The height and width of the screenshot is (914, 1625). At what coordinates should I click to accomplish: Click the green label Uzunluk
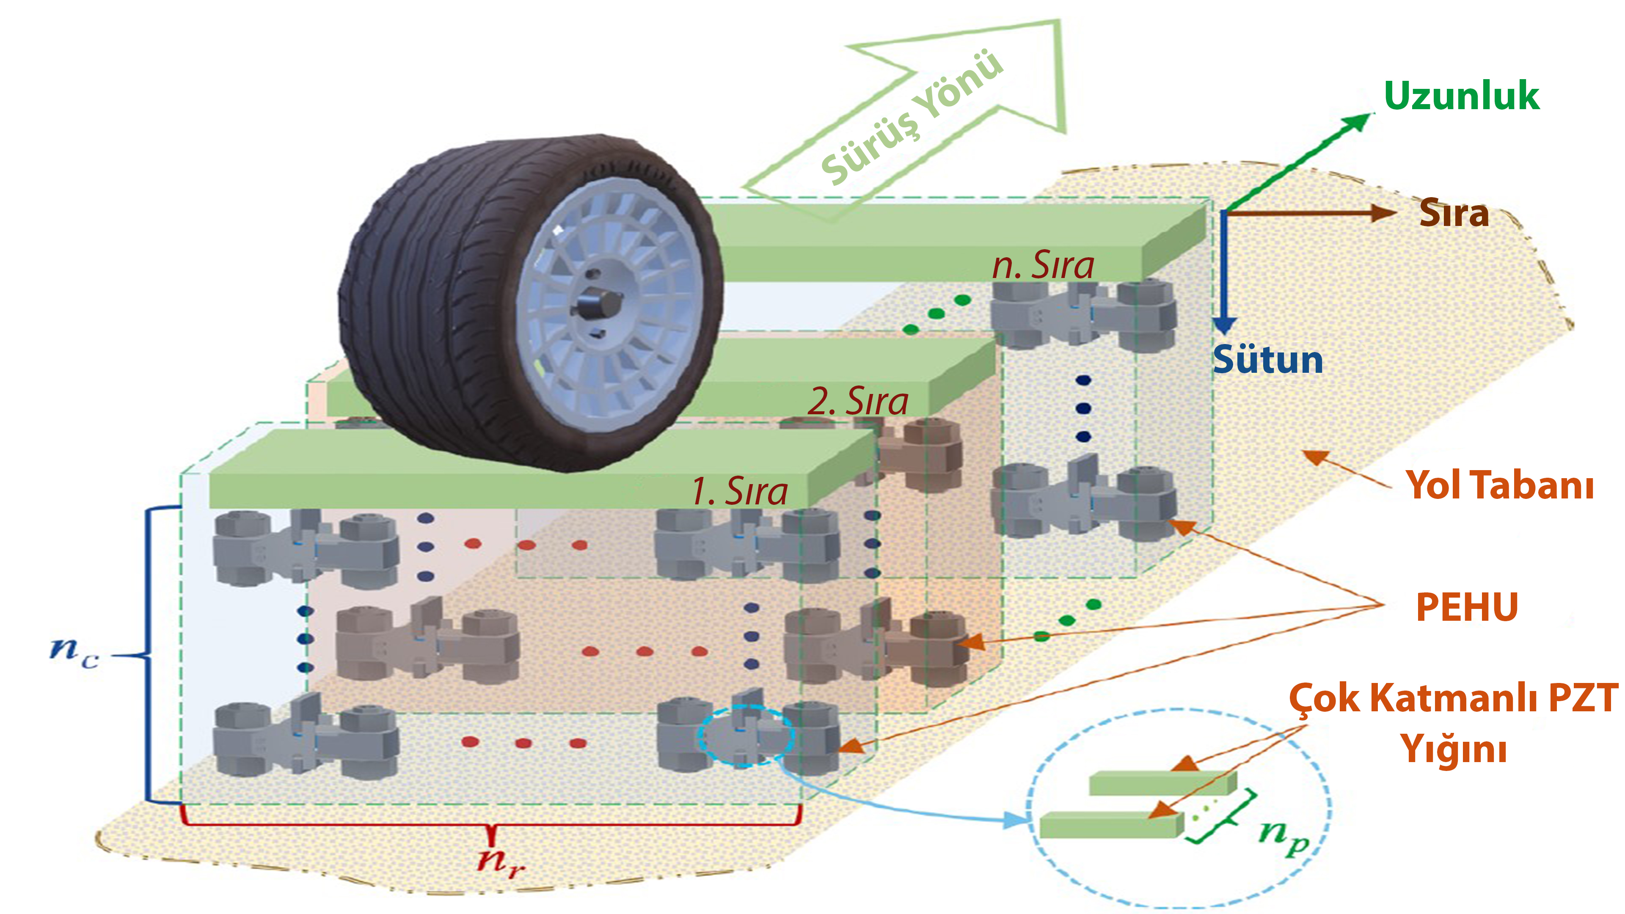1461,96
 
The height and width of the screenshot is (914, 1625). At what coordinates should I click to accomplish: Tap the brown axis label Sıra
1454,213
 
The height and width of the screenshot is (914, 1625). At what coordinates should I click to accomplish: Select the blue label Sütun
1268,360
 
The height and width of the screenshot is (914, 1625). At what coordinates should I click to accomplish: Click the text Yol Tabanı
1499,485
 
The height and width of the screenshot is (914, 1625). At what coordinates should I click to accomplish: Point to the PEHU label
1467,607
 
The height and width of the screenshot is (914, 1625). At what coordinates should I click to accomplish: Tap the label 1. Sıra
739,491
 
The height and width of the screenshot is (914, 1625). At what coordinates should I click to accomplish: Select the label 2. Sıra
858,401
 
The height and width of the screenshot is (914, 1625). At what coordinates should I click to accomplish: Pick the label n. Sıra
1043,266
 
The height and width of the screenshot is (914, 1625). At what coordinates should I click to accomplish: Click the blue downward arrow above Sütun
1224,271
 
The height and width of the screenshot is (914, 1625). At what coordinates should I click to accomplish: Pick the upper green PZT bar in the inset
1162,783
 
